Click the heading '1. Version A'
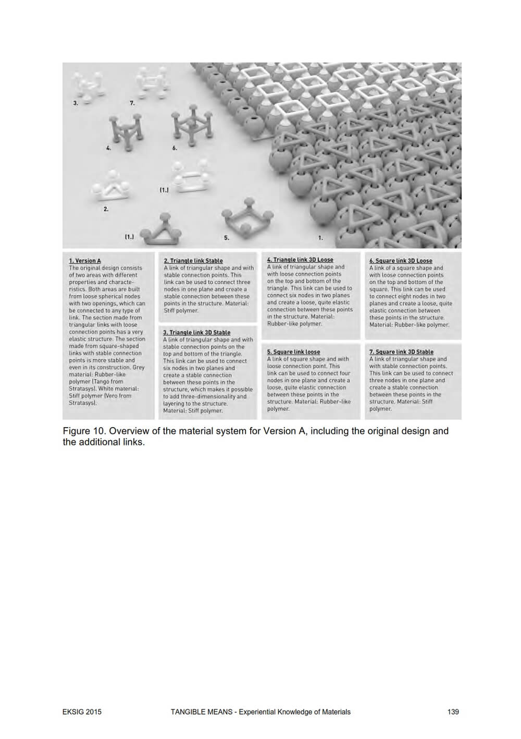pos(85,261)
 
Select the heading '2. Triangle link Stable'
pos(193,261)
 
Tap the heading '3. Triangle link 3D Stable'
pos(196,332)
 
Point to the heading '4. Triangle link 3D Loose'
pos(300,260)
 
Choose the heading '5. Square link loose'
pos(293,352)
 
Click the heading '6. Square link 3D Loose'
pos(401,261)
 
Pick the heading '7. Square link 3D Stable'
pos(401,352)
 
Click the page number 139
pos(453,712)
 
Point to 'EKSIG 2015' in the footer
pos(82,712)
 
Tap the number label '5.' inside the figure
pos(227,238)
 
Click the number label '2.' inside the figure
pos(106,209)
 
